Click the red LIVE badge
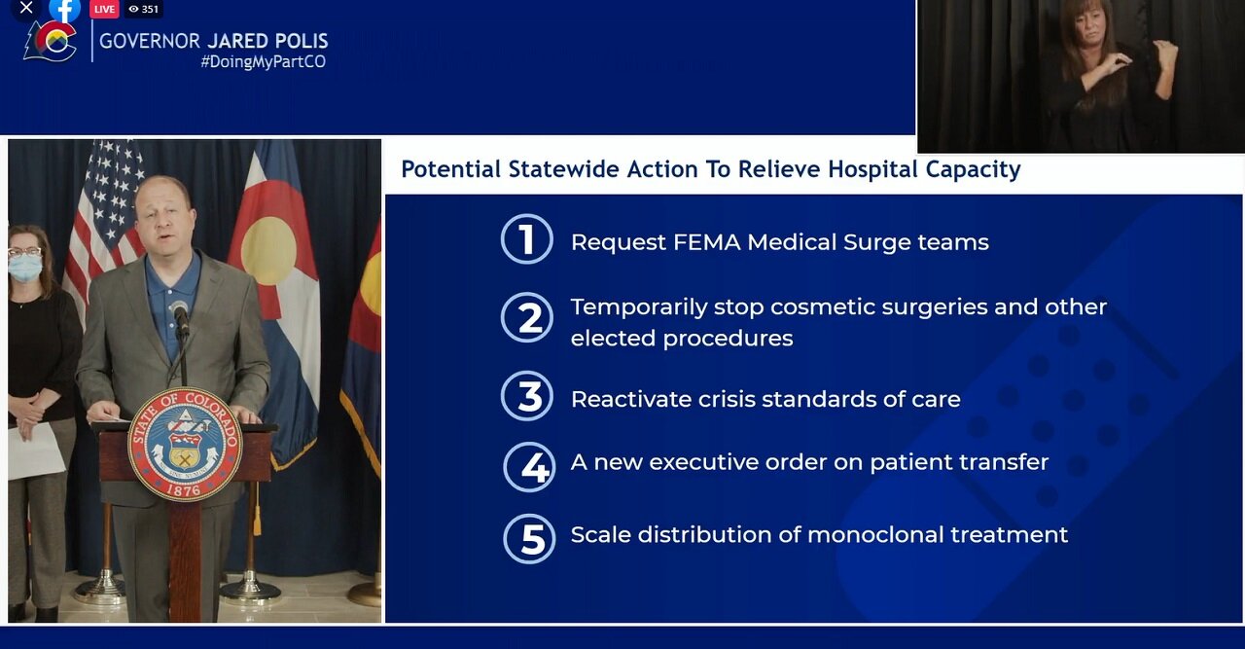[x=104, y=9]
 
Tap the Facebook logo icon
[x=64, y=10]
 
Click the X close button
[x=26, y=9]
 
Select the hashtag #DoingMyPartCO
[x=263, y=61]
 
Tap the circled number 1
[x=527, y=239]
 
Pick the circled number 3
[x=527, y=396]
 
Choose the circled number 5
[x=529, y=538]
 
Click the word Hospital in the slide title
[x=872, y=169]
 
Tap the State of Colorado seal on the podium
[x=185, y=444]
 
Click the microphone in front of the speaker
[x=180, y=316]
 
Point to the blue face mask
[x=25, y=268]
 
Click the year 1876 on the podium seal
[x=184, y=489]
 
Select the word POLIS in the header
[x=301, y=41]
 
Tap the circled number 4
[x=529, y=467]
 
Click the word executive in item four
[x=702, y=462]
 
